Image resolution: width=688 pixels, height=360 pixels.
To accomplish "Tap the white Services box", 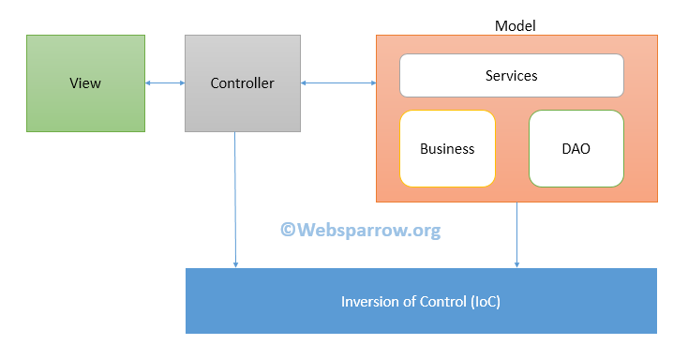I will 511,75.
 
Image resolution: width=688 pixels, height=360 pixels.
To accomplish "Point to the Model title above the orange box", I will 515,26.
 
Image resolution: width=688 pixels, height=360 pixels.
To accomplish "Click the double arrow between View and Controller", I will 165,83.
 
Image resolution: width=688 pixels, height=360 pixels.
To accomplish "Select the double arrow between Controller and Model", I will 338,83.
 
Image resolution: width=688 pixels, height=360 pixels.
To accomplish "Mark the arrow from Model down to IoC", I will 516,234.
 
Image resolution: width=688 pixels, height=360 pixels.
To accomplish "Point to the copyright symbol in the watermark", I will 289,230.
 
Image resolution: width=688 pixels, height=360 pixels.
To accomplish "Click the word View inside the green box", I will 85,83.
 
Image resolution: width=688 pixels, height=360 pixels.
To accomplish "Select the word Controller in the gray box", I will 243,83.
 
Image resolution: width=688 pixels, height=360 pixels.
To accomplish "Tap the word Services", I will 511,75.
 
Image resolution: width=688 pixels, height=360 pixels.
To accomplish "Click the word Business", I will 447,149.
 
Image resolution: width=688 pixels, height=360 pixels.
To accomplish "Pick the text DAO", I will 576,149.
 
